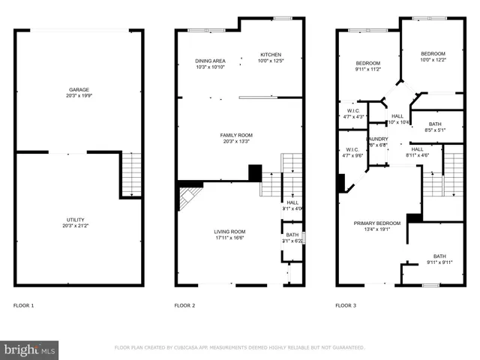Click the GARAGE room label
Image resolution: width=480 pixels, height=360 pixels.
coord(79,89)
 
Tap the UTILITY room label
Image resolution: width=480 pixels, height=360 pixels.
coord(79,220)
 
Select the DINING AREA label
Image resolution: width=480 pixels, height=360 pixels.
coord(210,61)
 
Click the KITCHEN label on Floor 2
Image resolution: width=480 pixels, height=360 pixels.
coord(270,55)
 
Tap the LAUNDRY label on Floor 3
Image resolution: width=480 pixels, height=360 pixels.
coord(376,139)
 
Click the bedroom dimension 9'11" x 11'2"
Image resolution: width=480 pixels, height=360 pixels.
coord(367,69)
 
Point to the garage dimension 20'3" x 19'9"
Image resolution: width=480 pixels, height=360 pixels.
coord(79,96)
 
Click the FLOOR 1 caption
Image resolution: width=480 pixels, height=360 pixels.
coord(23,306)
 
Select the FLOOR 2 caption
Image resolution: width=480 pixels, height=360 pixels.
coord(184,306)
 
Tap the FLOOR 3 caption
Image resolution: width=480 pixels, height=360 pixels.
coord(345,306)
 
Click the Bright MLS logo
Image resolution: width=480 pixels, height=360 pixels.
coord(30,349)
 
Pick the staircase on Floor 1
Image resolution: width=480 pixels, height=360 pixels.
coord(131,173)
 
